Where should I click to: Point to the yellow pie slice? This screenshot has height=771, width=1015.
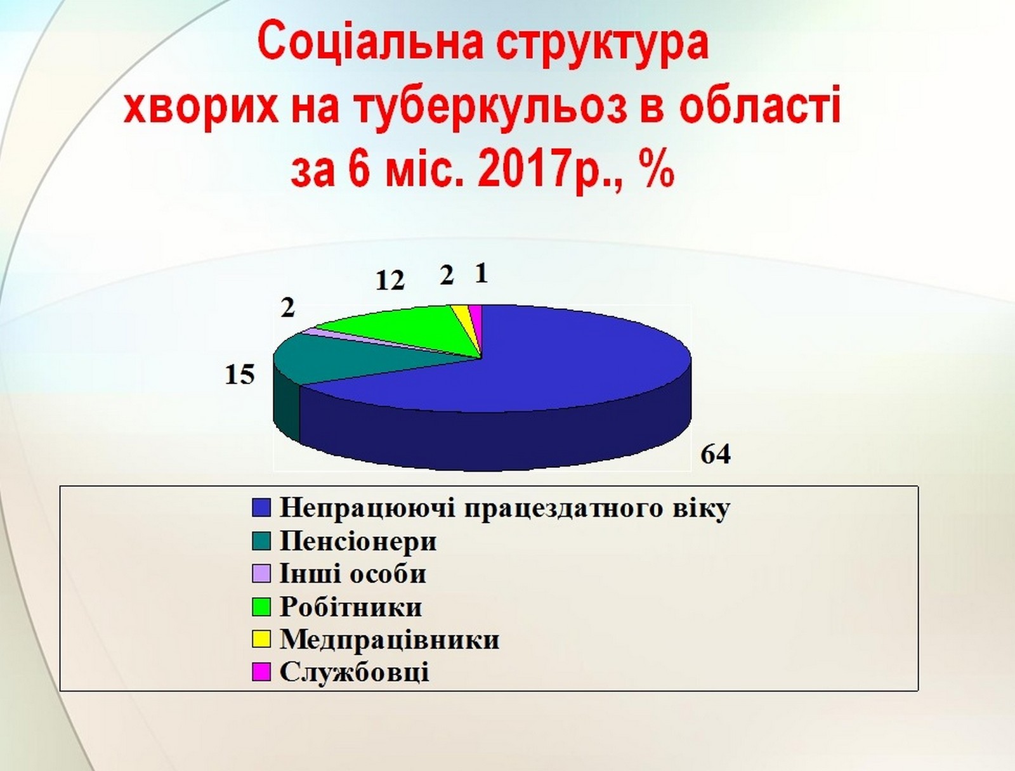[x=463, y=319]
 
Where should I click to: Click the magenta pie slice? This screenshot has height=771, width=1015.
[x=477, y=319]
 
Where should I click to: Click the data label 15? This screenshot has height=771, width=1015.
[x=240, y=375]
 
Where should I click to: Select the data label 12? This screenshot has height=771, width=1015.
[x=390, y=280]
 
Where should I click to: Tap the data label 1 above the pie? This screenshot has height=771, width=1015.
[x=482, y=275]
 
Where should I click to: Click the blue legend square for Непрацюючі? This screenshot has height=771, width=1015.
[x=261, y=507]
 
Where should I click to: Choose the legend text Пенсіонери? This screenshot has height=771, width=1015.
[x=358, y=541]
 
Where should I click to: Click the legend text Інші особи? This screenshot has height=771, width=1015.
[x=353, y=574]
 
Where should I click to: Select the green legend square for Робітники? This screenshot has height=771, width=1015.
[x=261, y=607]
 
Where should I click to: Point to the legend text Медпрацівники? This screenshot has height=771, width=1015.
[x=390, y=639]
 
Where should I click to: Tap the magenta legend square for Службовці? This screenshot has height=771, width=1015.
[x=261, y=672]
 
